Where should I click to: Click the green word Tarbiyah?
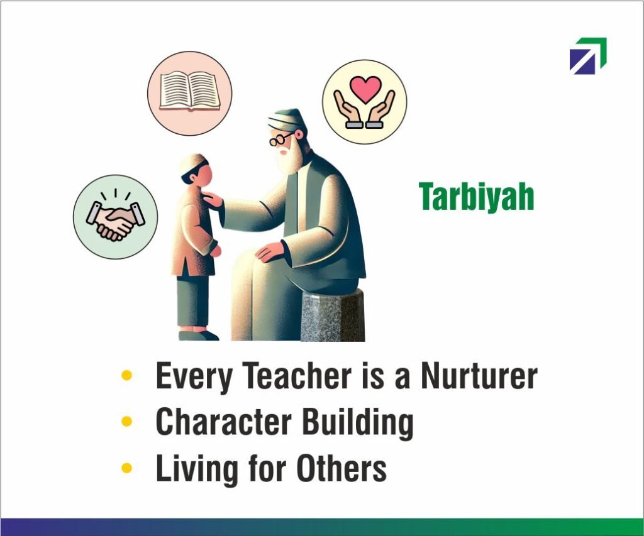(x=477, y=197)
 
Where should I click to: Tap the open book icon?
(x=190, y=92)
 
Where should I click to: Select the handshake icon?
(x=116, y=217)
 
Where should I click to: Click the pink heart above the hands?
(x=365, y=89)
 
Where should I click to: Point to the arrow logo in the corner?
(x=588, y=56)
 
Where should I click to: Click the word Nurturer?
(x=479, y=376)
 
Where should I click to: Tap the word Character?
(x=224, y=422)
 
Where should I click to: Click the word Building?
(x=358, y=424)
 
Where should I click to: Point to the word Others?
(x=341, y=468)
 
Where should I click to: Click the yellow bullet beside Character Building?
(x=127, y=422)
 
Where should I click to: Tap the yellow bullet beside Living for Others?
(x=127, y=468)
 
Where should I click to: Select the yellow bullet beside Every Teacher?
(x=127, y=375)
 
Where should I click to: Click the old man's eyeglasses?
(x=281, y=139)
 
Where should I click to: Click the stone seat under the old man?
(x=333, y=315)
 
